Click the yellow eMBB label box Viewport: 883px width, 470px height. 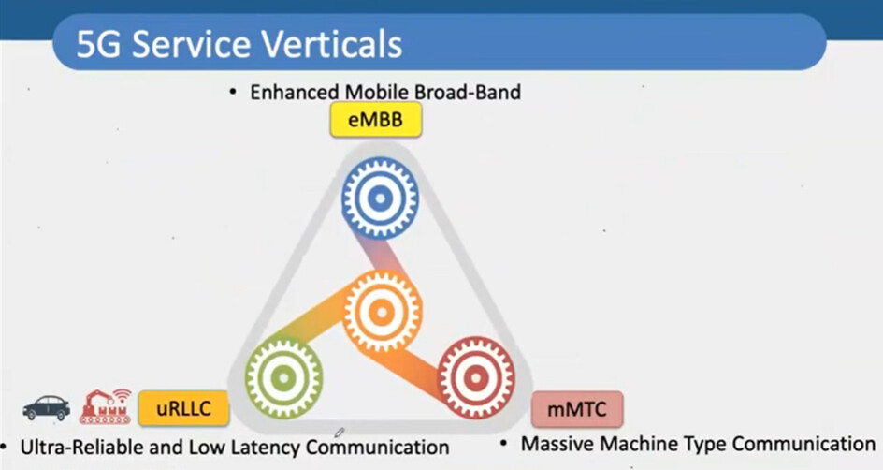tap(376, 120)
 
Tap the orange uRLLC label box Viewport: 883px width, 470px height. tap(183, 408)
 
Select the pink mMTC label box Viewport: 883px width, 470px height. tap(577, 409)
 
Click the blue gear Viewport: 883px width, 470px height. tap(380, 198)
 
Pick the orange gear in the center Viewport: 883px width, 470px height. tap(383, 312)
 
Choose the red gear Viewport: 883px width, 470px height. tap(476, 377)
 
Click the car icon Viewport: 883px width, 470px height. tap(47, 407)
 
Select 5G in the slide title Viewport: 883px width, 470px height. tap(98, 45)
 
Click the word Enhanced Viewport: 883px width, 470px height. tap(295, 92)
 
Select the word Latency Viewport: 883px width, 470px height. tap(266, 447)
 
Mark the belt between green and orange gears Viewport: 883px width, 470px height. tap(315, 321)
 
